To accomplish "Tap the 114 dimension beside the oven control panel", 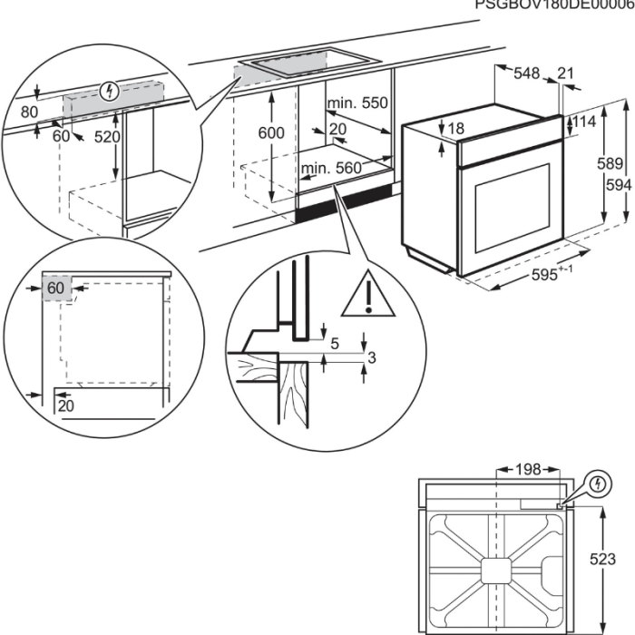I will tap(585, 122).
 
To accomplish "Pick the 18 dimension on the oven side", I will tap(455, 128).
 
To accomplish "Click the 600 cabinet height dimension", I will tap(270, 132).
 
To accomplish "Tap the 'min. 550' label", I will tap(357, 103).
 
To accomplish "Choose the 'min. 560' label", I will tap(331, 168).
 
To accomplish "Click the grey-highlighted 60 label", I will tap(56, 288).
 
